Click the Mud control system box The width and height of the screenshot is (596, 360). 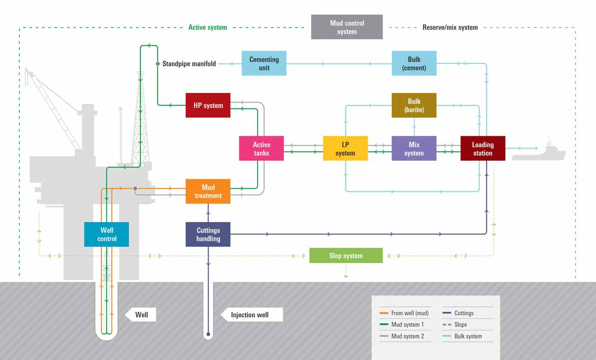(x=347, y=27)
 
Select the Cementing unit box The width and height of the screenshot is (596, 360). (x=264, y=63)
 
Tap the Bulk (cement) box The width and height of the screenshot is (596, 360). (x=414, y=63)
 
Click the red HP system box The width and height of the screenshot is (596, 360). (x=208, y=105)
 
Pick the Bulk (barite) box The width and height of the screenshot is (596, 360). (x=414, y=105)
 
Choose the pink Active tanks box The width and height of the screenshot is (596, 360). (x=261, y=149)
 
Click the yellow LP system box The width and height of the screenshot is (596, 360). (x=345, y=149)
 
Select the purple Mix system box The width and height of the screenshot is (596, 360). (x=414, y=149)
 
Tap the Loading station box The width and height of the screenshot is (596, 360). (x=483, y=149)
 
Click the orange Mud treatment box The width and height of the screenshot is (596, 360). (x=208, y=191)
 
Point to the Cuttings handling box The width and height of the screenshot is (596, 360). (x=208, y=234)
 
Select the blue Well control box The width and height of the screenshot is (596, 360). (x=107, y=234)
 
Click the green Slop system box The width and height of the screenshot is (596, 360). (x=346, y=255)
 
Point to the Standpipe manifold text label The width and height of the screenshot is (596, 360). (x=189, y=64)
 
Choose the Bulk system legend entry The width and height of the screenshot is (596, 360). (x=467, y=337)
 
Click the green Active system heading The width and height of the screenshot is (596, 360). (x=208, y=28)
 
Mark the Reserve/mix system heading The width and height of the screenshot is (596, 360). (x=450, y=28)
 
